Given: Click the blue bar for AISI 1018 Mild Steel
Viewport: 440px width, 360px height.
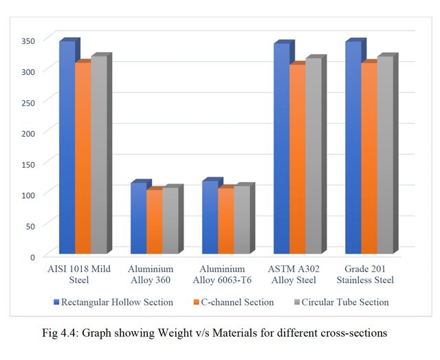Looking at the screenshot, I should tap(67, 148).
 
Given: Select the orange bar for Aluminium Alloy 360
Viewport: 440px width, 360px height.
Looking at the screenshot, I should tap(155, 221).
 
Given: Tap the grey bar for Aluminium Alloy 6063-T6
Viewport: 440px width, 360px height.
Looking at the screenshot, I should tap(242, 219).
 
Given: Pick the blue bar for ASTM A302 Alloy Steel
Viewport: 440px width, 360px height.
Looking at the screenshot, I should tap(281, 148).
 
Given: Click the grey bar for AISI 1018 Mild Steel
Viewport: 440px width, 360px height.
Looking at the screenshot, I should tap(99, 155).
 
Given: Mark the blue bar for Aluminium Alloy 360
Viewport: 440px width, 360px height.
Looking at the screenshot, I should tap(138, 218).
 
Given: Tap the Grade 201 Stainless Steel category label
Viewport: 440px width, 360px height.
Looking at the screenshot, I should tap(369, 274).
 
